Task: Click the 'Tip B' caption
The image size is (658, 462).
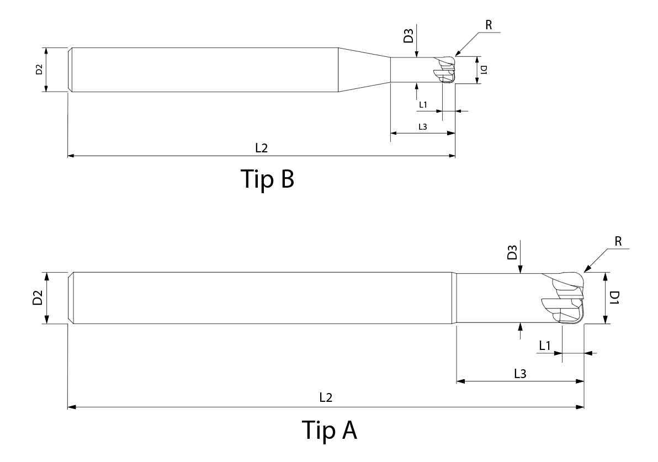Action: coord(267,179)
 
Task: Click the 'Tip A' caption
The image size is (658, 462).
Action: coord(330,429)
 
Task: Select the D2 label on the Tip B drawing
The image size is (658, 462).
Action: coord(39,70)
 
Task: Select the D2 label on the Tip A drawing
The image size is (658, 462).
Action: coord(38,298)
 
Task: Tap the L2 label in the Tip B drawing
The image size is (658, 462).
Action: coord(262,148)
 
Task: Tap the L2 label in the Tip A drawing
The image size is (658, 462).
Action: coord(326,397)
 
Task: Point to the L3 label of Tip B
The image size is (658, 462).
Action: coord(423,127)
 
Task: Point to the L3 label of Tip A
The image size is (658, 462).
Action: coord(520,374)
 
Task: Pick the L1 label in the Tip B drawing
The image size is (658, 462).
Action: coord(423,104)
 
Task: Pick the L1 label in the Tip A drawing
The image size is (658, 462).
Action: coord(545,346)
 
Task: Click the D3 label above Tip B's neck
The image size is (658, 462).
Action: coord(408,36)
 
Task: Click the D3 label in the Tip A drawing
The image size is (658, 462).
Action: coord(512,253)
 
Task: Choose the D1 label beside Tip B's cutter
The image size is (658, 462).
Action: coord(484,70)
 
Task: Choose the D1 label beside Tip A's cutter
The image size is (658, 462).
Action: coord(614,298)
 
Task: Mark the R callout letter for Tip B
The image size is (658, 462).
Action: coord(489,25)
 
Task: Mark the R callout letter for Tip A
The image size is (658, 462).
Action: coord(618,241)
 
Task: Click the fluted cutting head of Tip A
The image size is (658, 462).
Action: coord(563,299)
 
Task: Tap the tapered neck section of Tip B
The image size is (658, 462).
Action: coord(365,70)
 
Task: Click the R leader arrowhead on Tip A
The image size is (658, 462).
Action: coord(587,269)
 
